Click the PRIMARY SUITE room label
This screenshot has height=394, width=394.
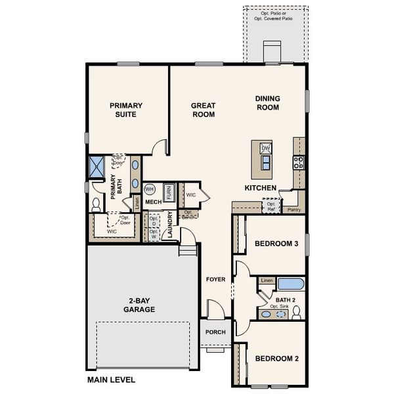point(126,110)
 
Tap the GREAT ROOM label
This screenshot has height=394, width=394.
point(203,110)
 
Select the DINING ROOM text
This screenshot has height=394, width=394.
point(267,103)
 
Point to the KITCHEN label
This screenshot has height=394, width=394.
point(260,187)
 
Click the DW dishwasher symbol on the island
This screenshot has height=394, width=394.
point(266,148)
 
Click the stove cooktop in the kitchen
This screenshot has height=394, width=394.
point(299,162)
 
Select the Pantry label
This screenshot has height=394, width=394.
point(294,210)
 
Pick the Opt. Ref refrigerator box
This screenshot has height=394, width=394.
point(271,207)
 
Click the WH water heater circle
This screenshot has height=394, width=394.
point(149,188)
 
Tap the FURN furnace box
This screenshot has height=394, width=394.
point(169,192)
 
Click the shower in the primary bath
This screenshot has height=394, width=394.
point(97,167)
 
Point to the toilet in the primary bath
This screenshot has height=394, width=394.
point(96,204)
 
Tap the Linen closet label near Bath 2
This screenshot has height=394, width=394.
point(266,281)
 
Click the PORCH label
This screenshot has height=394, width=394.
point(215,332)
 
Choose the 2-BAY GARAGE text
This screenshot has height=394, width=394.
point(139,305)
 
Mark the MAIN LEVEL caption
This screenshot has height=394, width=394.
point(111,380)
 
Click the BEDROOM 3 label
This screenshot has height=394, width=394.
point(276,244)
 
